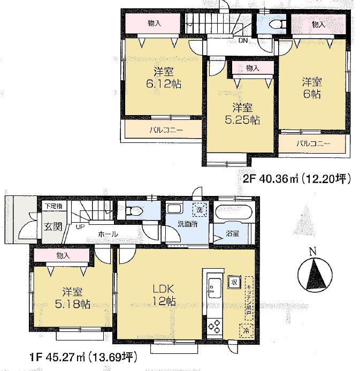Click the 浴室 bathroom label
[x=232, y=234]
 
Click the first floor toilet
[x=133, y=210]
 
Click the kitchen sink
[x=212, y=286]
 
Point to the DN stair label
[x=242, y=40]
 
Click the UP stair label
[x=80, y=227]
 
